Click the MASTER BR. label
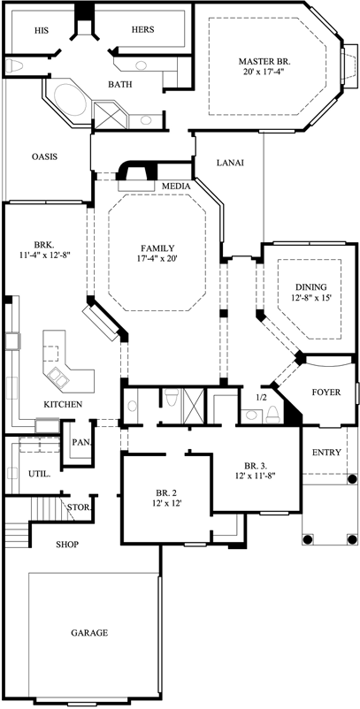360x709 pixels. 264,61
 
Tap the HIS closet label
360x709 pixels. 41,29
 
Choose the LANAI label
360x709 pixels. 230,163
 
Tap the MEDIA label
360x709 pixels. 176,186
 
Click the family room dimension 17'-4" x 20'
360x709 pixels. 157,262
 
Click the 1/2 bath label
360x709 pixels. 260,398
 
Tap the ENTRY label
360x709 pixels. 326,453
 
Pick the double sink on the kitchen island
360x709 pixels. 59,377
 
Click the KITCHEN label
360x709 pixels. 63,405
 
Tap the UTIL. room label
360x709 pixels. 39,474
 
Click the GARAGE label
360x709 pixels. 89,633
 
